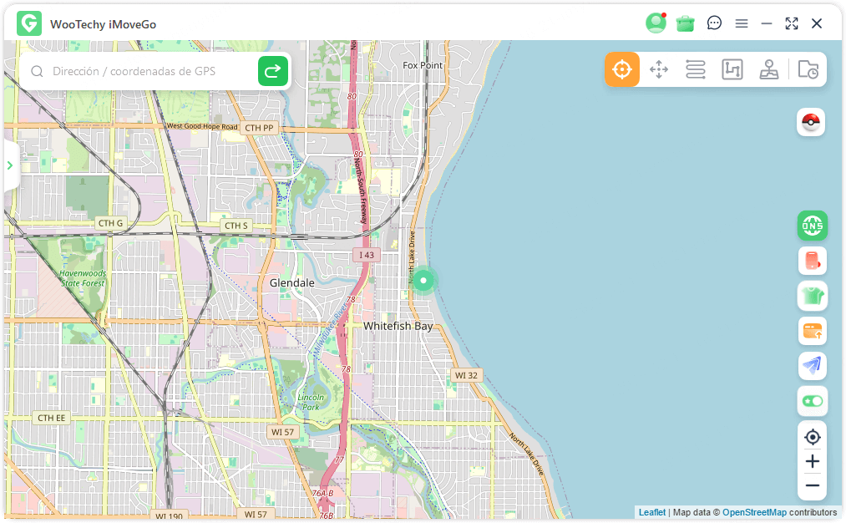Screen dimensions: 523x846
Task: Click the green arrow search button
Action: click(x=272, y=72)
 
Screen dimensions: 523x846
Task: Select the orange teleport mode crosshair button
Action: click(x=622, y=69)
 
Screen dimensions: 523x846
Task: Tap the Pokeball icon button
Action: click(x=811, y=123)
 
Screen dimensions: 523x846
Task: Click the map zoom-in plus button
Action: click(x=812, y=461)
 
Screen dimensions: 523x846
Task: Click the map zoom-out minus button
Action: click(x=812, y=485)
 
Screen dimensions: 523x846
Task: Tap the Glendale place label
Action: click(x=291, y=283)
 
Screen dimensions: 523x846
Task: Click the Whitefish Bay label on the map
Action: click(x=398, y=326)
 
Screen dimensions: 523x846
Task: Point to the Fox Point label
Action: click(x=423, y=65)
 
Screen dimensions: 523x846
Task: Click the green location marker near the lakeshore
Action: click(x=424, y=281)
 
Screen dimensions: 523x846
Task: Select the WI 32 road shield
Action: click(x=466, y=375)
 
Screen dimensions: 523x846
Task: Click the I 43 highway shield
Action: click(x=365, y=254)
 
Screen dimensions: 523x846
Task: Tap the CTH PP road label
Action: click(x=259, y=128)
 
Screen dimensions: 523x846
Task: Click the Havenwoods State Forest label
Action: click(x=82, y=278)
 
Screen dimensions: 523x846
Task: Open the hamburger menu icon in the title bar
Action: click(x=741, y=23)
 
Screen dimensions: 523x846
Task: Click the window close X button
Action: click(x=817, y=23)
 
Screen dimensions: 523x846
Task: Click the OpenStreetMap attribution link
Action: click(x=754, y=512)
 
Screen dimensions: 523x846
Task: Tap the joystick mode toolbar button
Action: click(x=768, y=69)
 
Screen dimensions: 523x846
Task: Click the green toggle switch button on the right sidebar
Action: click(x=812, y=401)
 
